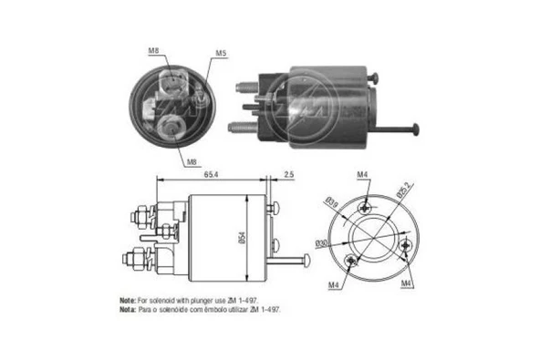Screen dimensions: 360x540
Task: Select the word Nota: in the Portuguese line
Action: (x=128, y=310)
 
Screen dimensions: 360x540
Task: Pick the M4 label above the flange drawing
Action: (x=363, y=174)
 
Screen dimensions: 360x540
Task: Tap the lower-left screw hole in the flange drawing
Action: (x=353, y=261)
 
